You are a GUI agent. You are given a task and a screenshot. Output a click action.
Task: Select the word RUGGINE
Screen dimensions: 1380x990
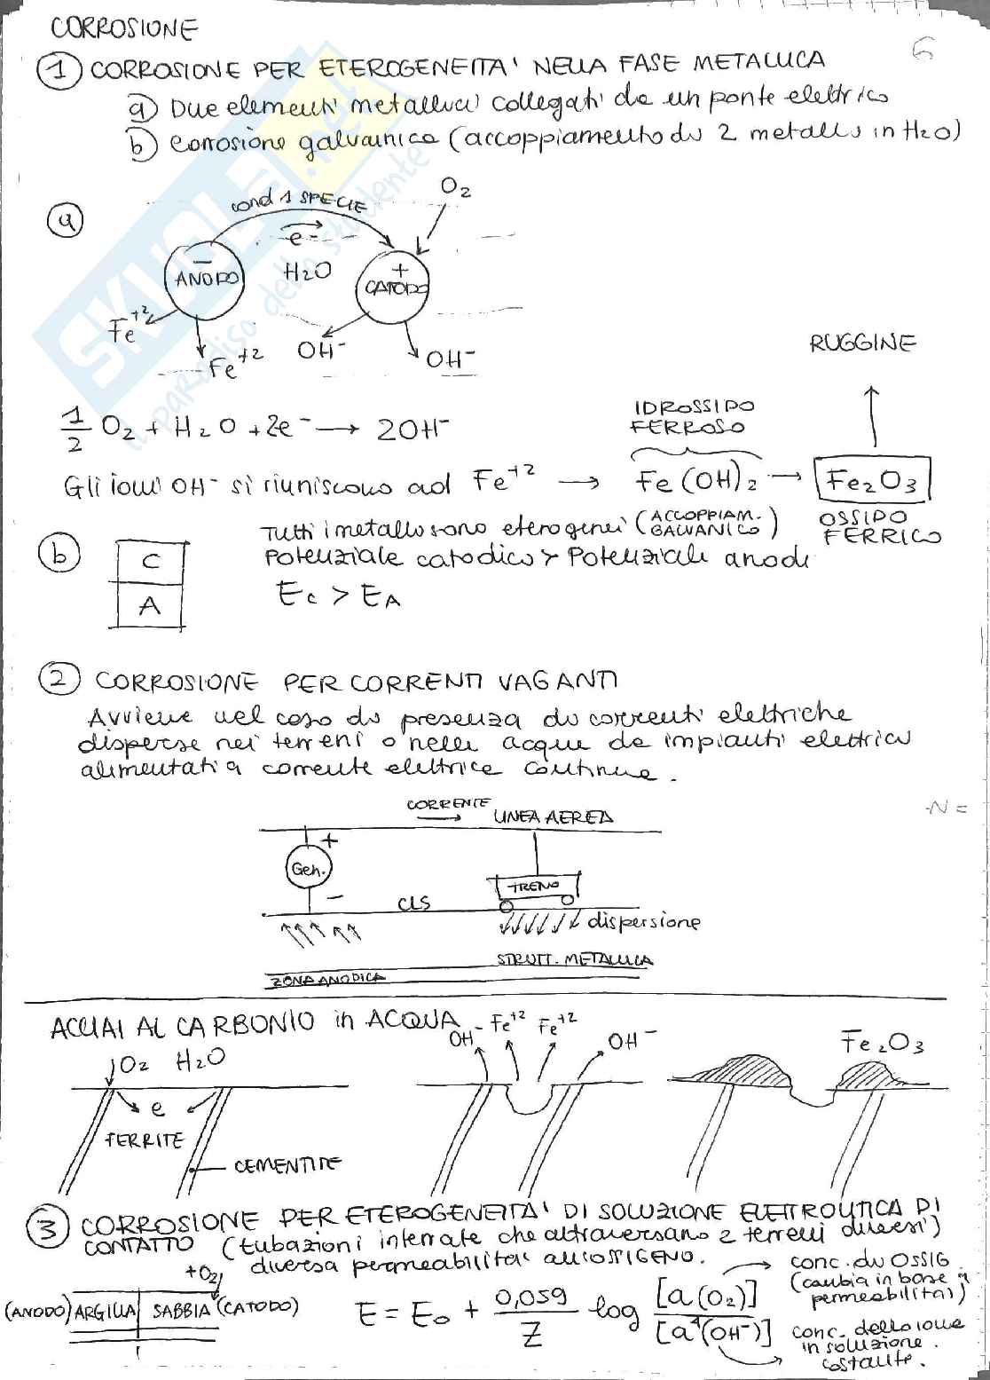pyautogui.click(x=862, y=344)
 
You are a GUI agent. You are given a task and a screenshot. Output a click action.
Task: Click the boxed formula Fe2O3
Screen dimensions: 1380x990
pyautogui.click(x=872, y=482)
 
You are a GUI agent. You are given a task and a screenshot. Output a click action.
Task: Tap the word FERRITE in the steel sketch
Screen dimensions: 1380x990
pyautogui.click(x=144, y=1139)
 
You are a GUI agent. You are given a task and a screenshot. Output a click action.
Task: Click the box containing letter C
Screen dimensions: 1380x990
pyautogui.click(x=151, y=562)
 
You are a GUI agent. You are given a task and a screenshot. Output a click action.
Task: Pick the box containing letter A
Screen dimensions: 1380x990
pyautogui.click(x=150, y=606)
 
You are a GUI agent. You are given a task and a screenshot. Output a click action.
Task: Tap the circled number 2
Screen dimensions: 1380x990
pyautogui.click(x=59, y=681)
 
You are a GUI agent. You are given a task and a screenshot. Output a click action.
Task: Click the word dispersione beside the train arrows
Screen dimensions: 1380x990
pyautogui.click(x=644, y=921)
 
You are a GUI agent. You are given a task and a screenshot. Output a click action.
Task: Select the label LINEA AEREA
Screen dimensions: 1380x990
pyautogui.click(x=554, y=817)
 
